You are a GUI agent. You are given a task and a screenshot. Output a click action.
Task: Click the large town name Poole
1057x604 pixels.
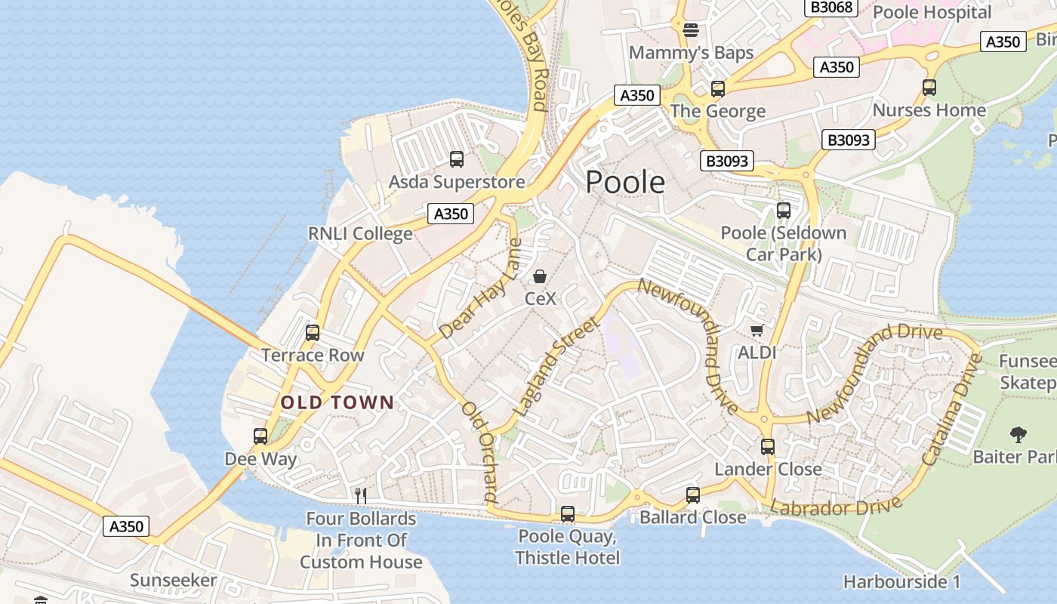tap(625, 182)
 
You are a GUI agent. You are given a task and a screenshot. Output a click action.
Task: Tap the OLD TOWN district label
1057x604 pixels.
tap(337, 402)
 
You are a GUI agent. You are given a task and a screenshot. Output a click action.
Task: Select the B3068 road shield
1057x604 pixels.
tap(831, 8)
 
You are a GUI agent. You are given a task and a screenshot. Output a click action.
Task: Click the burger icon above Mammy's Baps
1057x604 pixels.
tap(691, 30)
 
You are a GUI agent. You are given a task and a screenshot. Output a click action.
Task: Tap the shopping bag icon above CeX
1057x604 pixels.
tap(540, 277)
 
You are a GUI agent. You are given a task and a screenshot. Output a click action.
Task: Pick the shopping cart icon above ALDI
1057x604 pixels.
tap(757, 330)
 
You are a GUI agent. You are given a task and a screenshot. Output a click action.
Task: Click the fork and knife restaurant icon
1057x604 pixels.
tap(361, 495)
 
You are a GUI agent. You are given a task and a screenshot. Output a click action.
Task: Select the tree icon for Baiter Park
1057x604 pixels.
tap(1018, 434)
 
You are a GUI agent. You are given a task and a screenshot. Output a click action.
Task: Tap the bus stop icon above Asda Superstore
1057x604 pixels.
tap(457, 159)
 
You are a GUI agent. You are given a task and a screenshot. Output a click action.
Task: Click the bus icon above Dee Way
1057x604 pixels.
tap(260, 436)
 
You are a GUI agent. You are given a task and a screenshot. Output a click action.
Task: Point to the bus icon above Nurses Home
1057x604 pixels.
tap(929, 88)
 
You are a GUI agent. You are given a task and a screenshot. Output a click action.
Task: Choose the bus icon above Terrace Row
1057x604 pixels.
tap(313, 332)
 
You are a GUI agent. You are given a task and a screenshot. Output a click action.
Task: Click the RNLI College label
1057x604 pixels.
tap(360, 234)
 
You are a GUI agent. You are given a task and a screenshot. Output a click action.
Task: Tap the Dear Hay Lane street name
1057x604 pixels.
tap(480, 289)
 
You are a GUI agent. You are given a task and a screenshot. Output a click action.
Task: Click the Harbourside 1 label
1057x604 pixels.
tap(901, 582)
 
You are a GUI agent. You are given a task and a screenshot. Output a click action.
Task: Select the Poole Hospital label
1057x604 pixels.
tap(932, 12)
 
